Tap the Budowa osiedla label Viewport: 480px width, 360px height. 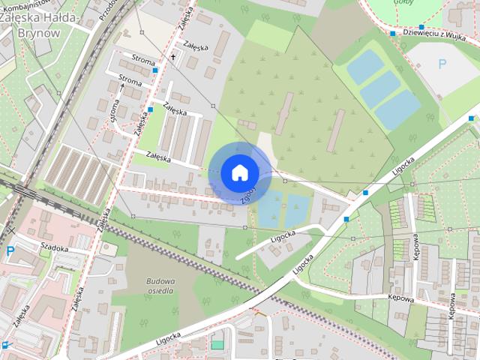click(156, 286)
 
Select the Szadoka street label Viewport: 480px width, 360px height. click(55, 248)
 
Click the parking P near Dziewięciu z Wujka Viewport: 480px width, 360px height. click(441, 64)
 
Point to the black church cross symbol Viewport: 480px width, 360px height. click(172, 57)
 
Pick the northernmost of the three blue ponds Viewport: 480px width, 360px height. click(365, 67)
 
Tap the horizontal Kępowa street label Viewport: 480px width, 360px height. click(401, 298)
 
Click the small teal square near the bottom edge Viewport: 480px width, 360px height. click(217, 344)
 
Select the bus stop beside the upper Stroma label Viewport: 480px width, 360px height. click(155, 70)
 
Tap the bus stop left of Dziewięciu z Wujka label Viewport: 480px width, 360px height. click(393, 33)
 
